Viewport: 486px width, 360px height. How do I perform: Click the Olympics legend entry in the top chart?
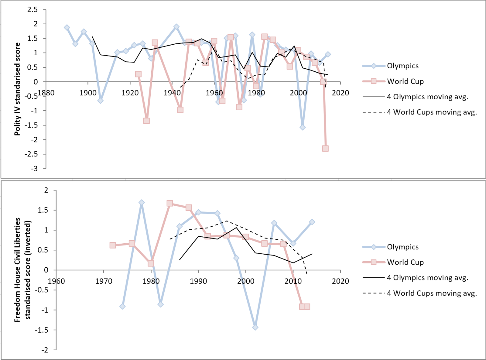click(x=402, y=66)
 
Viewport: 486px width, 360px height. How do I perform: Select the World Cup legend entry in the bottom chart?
click(x=405, y=262)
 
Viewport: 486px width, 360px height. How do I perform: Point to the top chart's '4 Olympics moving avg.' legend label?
click(x=427, y=97)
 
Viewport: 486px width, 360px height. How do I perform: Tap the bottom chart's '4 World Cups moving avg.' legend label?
click(x=432, y=293)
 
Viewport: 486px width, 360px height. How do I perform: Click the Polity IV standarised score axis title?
click(x=17, y=89)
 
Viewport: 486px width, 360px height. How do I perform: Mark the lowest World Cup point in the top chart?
click(x=325, y=149)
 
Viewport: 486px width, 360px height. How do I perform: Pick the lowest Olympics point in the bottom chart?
click(x=255, y=327)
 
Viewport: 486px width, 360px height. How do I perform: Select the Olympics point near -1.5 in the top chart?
click(x=303, y=127)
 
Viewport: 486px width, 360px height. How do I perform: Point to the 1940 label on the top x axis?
click(x=172, y=93)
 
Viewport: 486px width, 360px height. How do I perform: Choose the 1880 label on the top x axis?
click(x=46, y=93)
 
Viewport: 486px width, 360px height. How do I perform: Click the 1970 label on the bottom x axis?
click(x=104, y=281)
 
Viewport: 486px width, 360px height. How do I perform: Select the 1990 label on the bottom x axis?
click(x=198, y=281)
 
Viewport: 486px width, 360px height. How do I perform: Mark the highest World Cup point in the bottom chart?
click(x=170, y=203)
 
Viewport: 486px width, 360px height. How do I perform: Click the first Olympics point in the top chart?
click(x=67, y=28)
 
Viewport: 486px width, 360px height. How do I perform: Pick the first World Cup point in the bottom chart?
click(x=113, y=245)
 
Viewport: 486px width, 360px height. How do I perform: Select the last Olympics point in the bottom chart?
click(x=312, y=222)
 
